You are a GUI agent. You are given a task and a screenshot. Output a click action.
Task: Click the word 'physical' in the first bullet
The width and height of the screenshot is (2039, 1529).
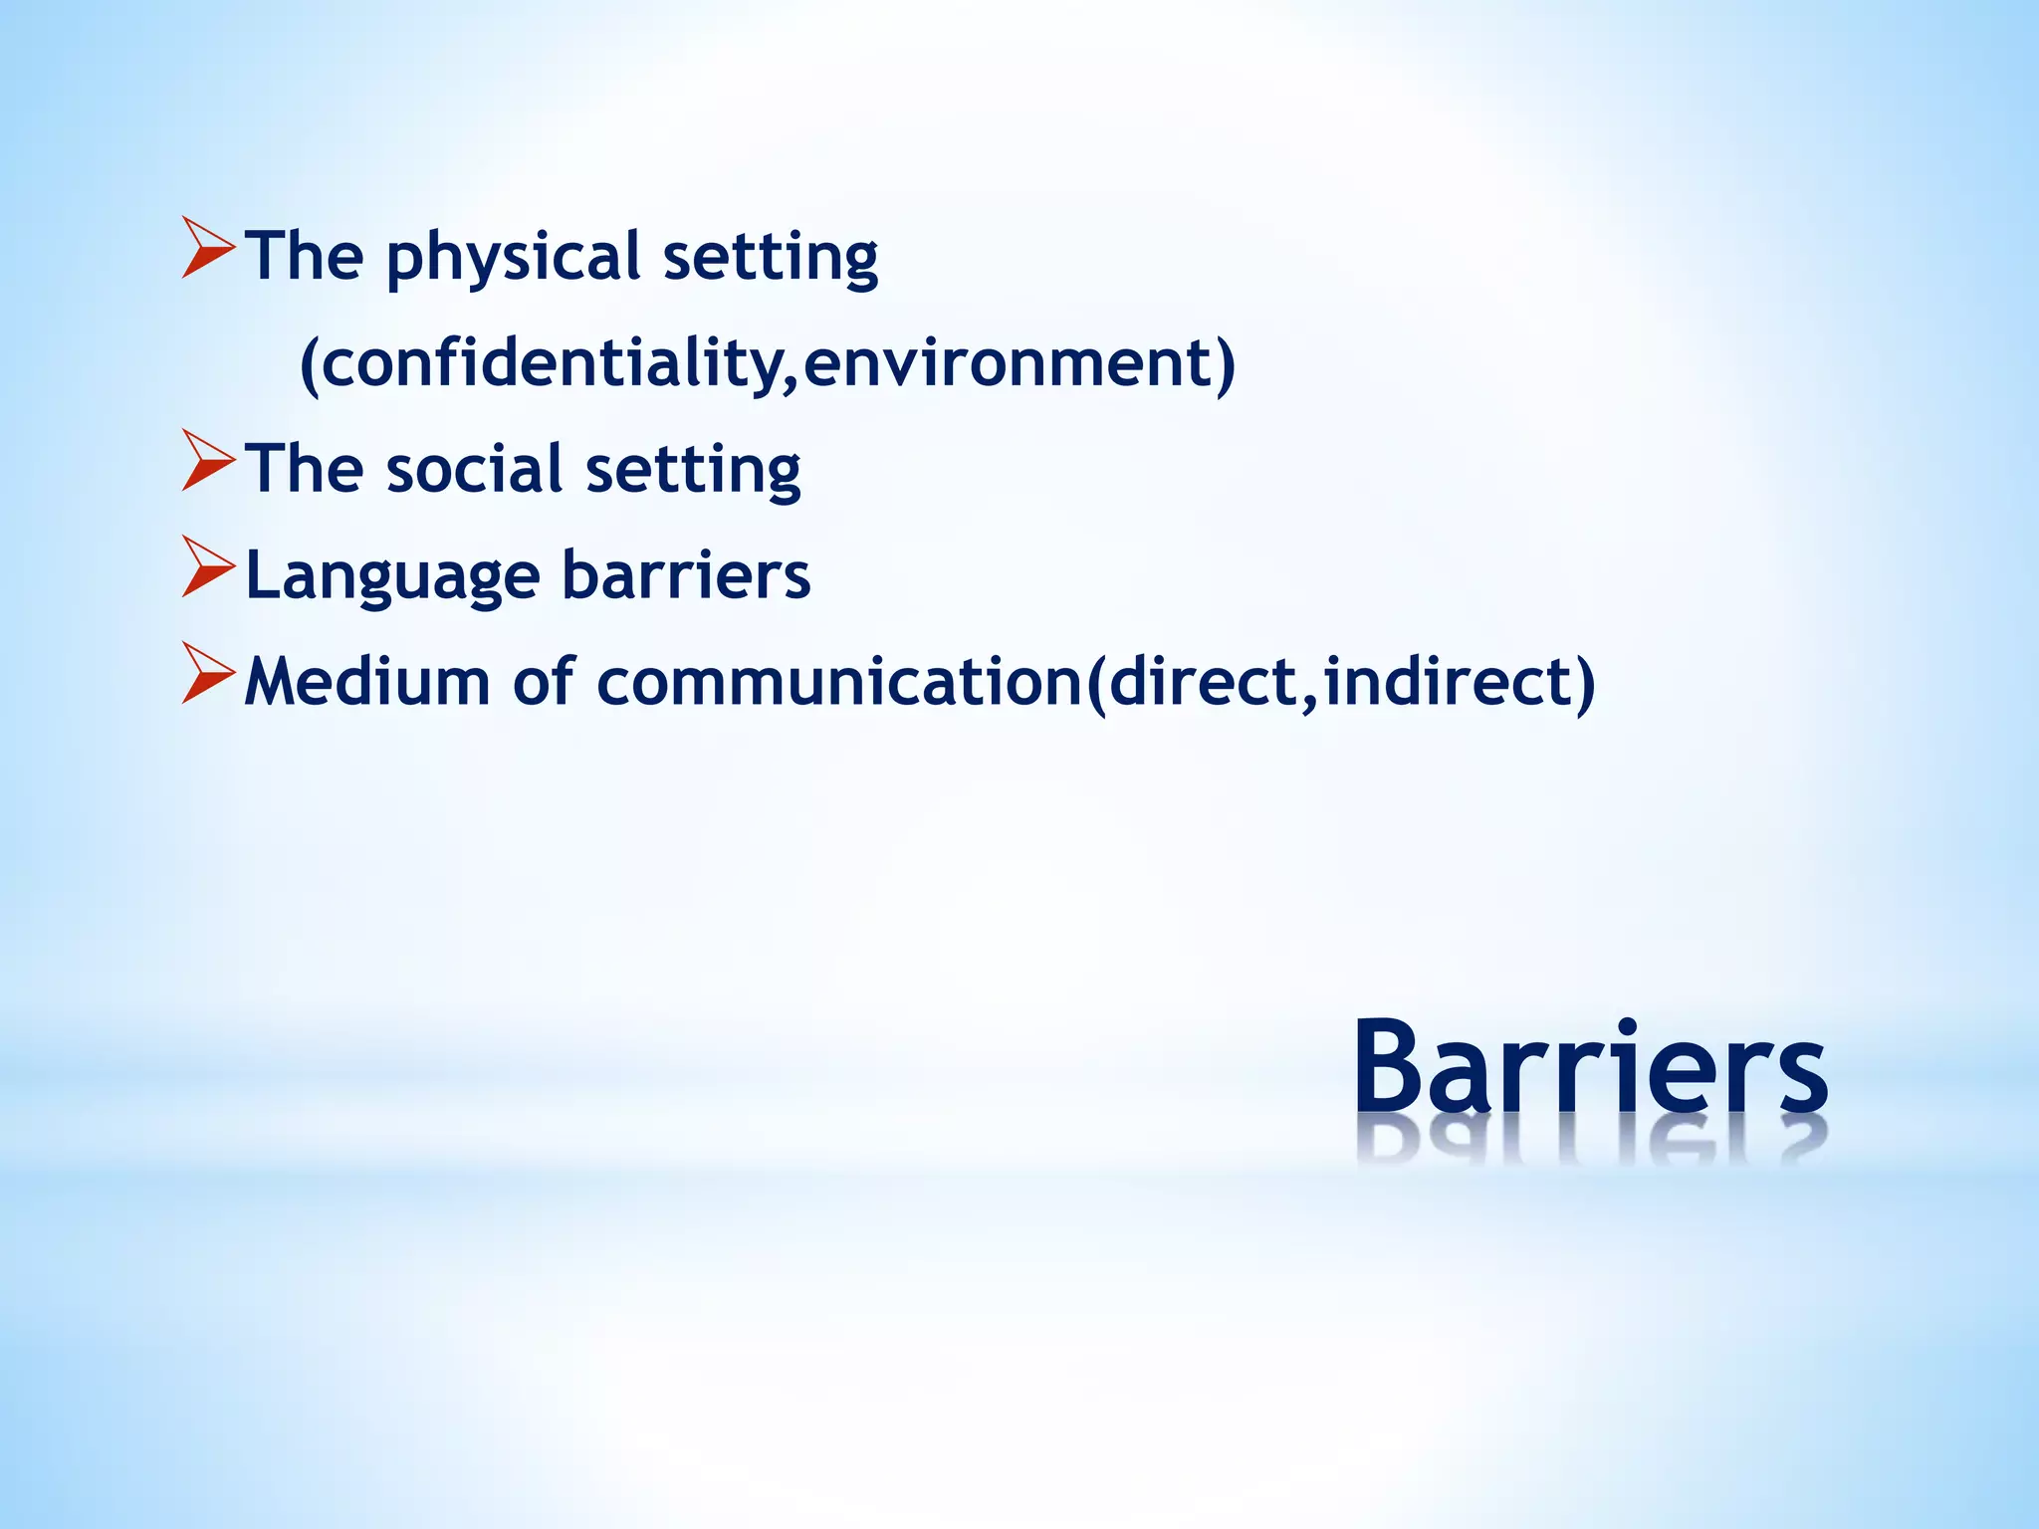512,258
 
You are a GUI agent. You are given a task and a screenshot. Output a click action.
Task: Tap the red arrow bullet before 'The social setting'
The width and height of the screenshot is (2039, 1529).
208,462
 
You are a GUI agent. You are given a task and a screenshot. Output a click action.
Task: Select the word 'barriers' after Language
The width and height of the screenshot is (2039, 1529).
686,575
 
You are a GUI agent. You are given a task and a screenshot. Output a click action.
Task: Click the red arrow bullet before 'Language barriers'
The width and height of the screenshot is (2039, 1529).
208,567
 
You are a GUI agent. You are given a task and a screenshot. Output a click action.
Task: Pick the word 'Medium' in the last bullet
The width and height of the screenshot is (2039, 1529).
367,683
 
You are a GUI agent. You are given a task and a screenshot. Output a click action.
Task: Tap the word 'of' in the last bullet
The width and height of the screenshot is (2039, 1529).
544,683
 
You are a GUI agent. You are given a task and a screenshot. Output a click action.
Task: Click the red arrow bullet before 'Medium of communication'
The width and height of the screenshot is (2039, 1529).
208,674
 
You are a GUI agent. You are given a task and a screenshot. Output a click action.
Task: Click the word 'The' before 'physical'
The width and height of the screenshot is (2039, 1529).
304,257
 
